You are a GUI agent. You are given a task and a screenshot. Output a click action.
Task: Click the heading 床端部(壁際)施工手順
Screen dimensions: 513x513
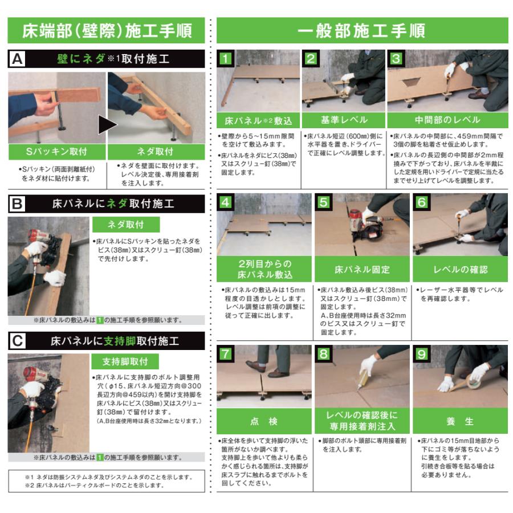[107, 31]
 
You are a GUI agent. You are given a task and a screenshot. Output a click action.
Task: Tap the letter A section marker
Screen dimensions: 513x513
[18, 59]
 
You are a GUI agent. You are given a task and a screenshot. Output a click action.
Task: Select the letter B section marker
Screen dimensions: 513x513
[18, 203]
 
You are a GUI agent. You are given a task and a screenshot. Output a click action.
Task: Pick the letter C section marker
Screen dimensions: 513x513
[18, 341]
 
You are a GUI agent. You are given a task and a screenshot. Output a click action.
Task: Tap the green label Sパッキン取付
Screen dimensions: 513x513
[57, 152]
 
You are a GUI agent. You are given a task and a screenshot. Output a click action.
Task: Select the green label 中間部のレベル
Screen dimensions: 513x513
[447, 120]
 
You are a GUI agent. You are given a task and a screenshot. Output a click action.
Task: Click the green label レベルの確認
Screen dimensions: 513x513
[460, 269]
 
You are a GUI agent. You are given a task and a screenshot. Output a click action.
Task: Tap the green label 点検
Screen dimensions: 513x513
[263, 422]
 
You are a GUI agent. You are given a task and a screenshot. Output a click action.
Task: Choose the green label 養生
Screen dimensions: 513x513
[460, 422]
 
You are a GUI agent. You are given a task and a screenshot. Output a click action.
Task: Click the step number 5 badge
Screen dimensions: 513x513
[323, 202]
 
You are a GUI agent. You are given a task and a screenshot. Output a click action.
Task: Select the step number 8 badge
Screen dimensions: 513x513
[323, 354]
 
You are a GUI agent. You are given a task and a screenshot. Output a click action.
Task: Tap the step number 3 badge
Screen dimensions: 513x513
[396, 59]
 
